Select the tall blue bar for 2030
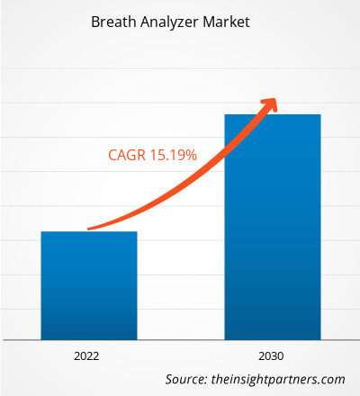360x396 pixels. pyautogui.click(x=272, y=225)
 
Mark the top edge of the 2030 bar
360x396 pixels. pyautogui.click(x=272, y=115)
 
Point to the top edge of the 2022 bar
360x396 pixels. pyautogui.click(x=88, y=232)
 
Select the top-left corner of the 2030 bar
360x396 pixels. pyautogui.click(x=225, y=115)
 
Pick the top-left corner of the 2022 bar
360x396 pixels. pyautogui.click(x=41, y=232)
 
